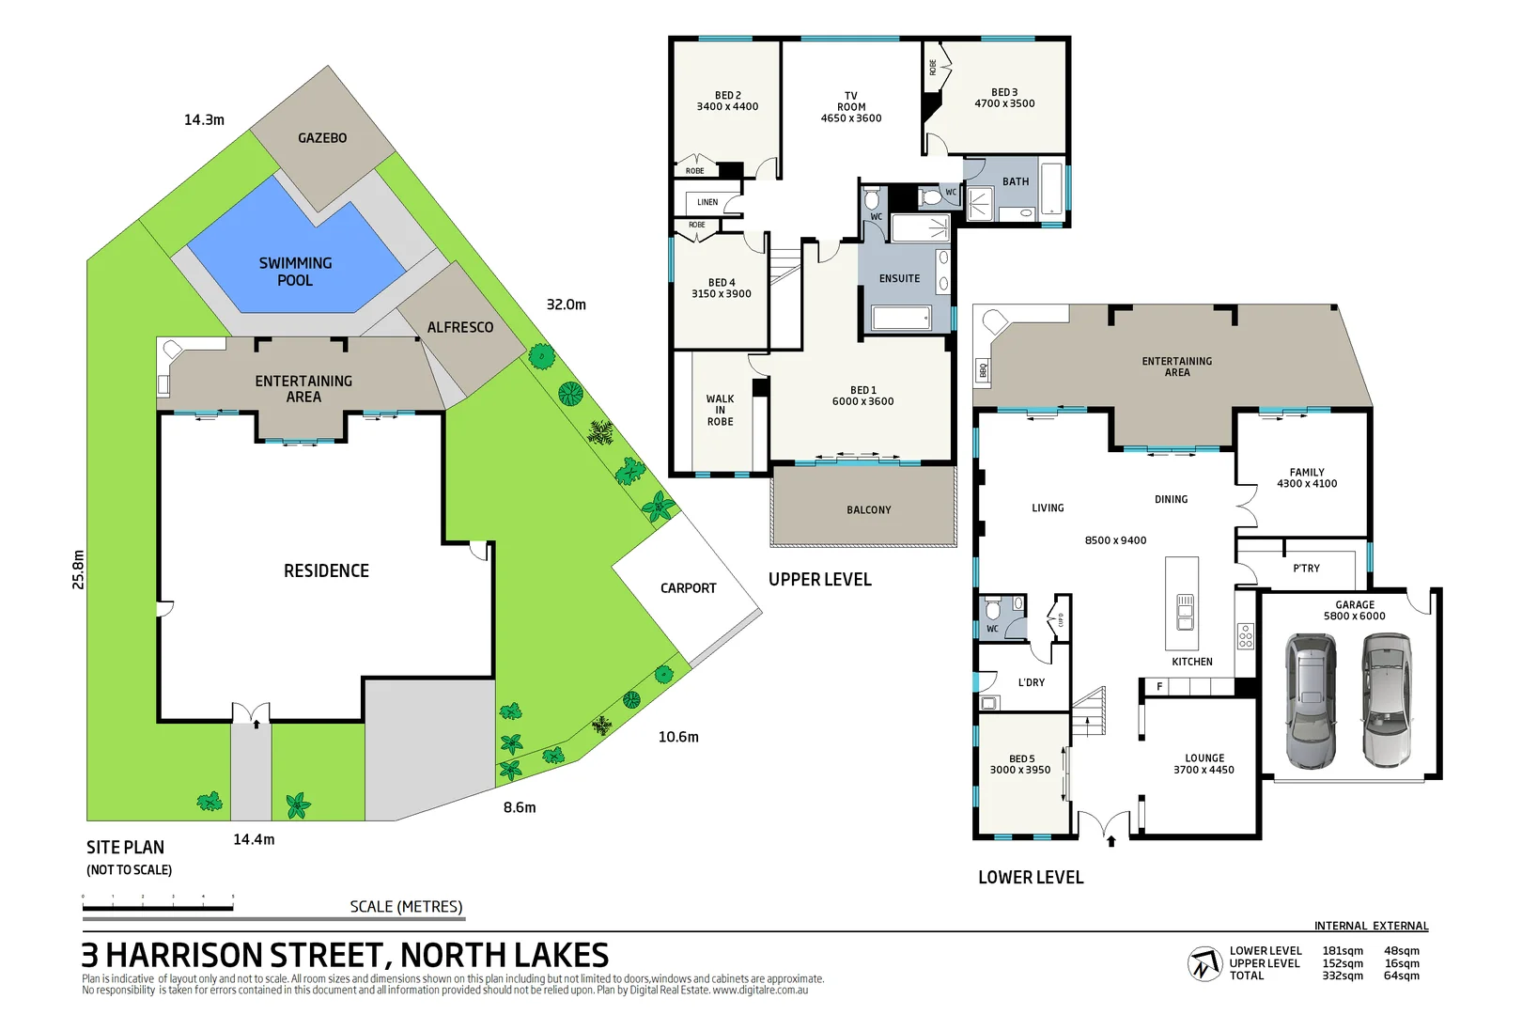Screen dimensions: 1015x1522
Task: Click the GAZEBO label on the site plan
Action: [x=322, y=138]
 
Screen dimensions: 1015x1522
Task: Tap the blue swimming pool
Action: [x=295, y=271]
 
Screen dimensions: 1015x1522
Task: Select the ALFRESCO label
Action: [x=459, y=327]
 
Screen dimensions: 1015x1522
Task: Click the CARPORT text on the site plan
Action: [x=688, y=588]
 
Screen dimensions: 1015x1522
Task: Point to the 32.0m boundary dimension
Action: [x=566, y=304]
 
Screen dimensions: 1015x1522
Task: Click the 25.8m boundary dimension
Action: [x=78, y=570]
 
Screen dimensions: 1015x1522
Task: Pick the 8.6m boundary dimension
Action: [x=520, y=807]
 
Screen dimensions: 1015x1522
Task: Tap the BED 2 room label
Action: [x=727, y=101]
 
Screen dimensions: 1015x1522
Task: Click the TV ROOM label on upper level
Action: [x=851, y=107]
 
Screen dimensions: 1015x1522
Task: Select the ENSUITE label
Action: [x=899, y=278]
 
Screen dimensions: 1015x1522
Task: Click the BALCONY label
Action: [x=868, y=510]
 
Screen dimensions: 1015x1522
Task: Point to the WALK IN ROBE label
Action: [x=721, y=410]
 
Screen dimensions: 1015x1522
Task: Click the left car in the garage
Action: [x=1310, y=700]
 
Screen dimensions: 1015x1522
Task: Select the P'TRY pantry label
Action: [x=1306, y=569]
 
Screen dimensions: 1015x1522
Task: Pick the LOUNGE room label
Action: [x=1204, y=763]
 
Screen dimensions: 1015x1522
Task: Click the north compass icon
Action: [x=1204, y=964]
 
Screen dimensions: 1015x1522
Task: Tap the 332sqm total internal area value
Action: [x=1343, y=976]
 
